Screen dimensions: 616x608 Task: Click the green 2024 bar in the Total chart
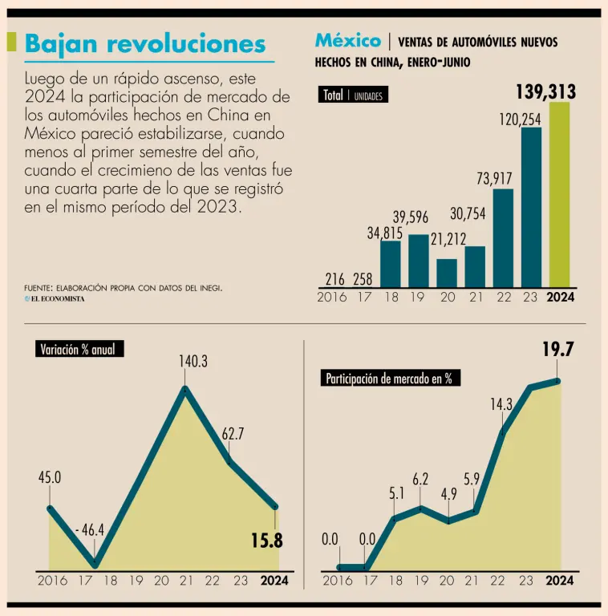click(559, 195)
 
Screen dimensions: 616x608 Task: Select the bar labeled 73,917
click(503, 238)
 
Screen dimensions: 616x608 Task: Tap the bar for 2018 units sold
click(390, 264)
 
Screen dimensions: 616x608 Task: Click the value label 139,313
click(545, 92)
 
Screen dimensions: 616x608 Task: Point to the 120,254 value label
click(520, 119)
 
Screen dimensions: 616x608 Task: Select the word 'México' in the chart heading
click(347, 40)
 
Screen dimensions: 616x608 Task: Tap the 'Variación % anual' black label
click(80, 349)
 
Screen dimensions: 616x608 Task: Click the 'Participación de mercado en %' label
click(388, 379)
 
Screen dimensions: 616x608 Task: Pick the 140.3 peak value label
click(193, 362)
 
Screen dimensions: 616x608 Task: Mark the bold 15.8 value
click(266, 541)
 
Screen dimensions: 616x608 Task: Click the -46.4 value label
click(90, 530)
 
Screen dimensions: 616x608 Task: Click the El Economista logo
click(54, 298)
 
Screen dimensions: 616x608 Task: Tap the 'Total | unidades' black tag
click(353, 95)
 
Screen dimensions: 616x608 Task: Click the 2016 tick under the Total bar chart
click(331, 298)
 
